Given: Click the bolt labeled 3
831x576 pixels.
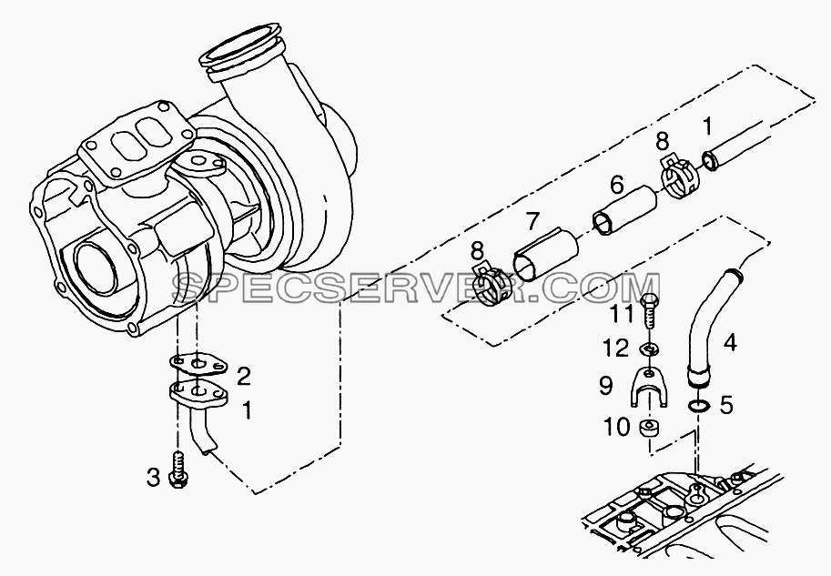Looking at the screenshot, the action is pos(177,468).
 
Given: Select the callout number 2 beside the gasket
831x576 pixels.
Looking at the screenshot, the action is pos(243,377).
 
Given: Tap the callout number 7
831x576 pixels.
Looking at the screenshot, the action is pos(532,222).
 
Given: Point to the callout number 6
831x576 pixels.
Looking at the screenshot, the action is pos(616,185).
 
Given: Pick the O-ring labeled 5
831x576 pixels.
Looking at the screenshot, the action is pos(698,406).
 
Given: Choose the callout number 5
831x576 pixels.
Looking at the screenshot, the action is pos(726,405).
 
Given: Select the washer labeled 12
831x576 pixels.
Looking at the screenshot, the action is pos(649,349).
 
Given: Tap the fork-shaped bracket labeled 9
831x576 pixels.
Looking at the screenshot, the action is pos(649,387).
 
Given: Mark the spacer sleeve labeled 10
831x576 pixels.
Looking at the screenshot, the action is pos(648,428).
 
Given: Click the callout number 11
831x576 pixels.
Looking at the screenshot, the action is pos(620,314).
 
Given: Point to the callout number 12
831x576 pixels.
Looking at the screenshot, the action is pos(615,349).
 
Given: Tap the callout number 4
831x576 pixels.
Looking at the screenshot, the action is pos(730,343).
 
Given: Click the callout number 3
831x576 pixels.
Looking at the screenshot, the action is pos(153,479).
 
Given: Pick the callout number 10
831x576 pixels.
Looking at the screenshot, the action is pos(617,427).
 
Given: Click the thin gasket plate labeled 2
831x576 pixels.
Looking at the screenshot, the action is pos(198,363).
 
